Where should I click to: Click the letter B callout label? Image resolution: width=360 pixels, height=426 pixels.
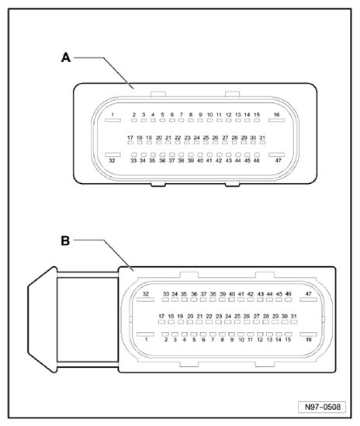point(67,241)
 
